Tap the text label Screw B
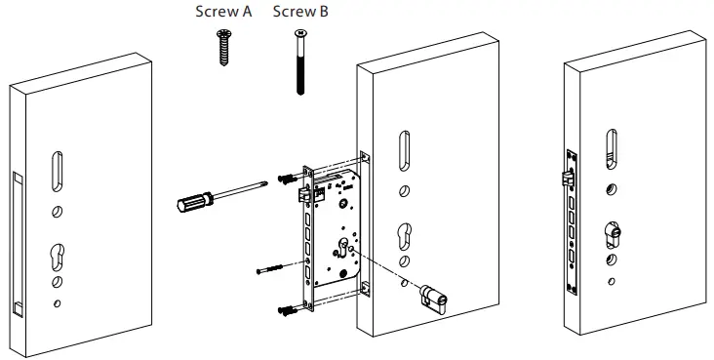pos(298,13)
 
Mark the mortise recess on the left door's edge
pos(17,244)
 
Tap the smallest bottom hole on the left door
pos(58,303)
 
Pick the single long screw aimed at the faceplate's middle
pos(274,266)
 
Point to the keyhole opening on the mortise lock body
pos(344,244)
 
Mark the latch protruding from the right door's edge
pos(565,178)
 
